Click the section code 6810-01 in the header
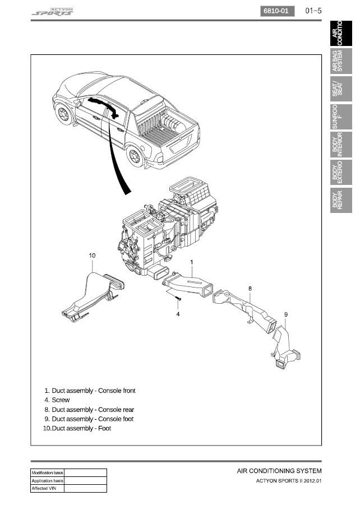(278, 11)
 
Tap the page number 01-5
(313, 11)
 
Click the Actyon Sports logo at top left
(52, 12)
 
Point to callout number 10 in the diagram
(93, 256)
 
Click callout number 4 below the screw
(178, 314)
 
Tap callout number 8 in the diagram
(250, 288)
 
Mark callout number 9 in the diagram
(285, 314)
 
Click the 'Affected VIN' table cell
(48, 488)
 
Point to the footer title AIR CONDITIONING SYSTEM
(279, 471)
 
